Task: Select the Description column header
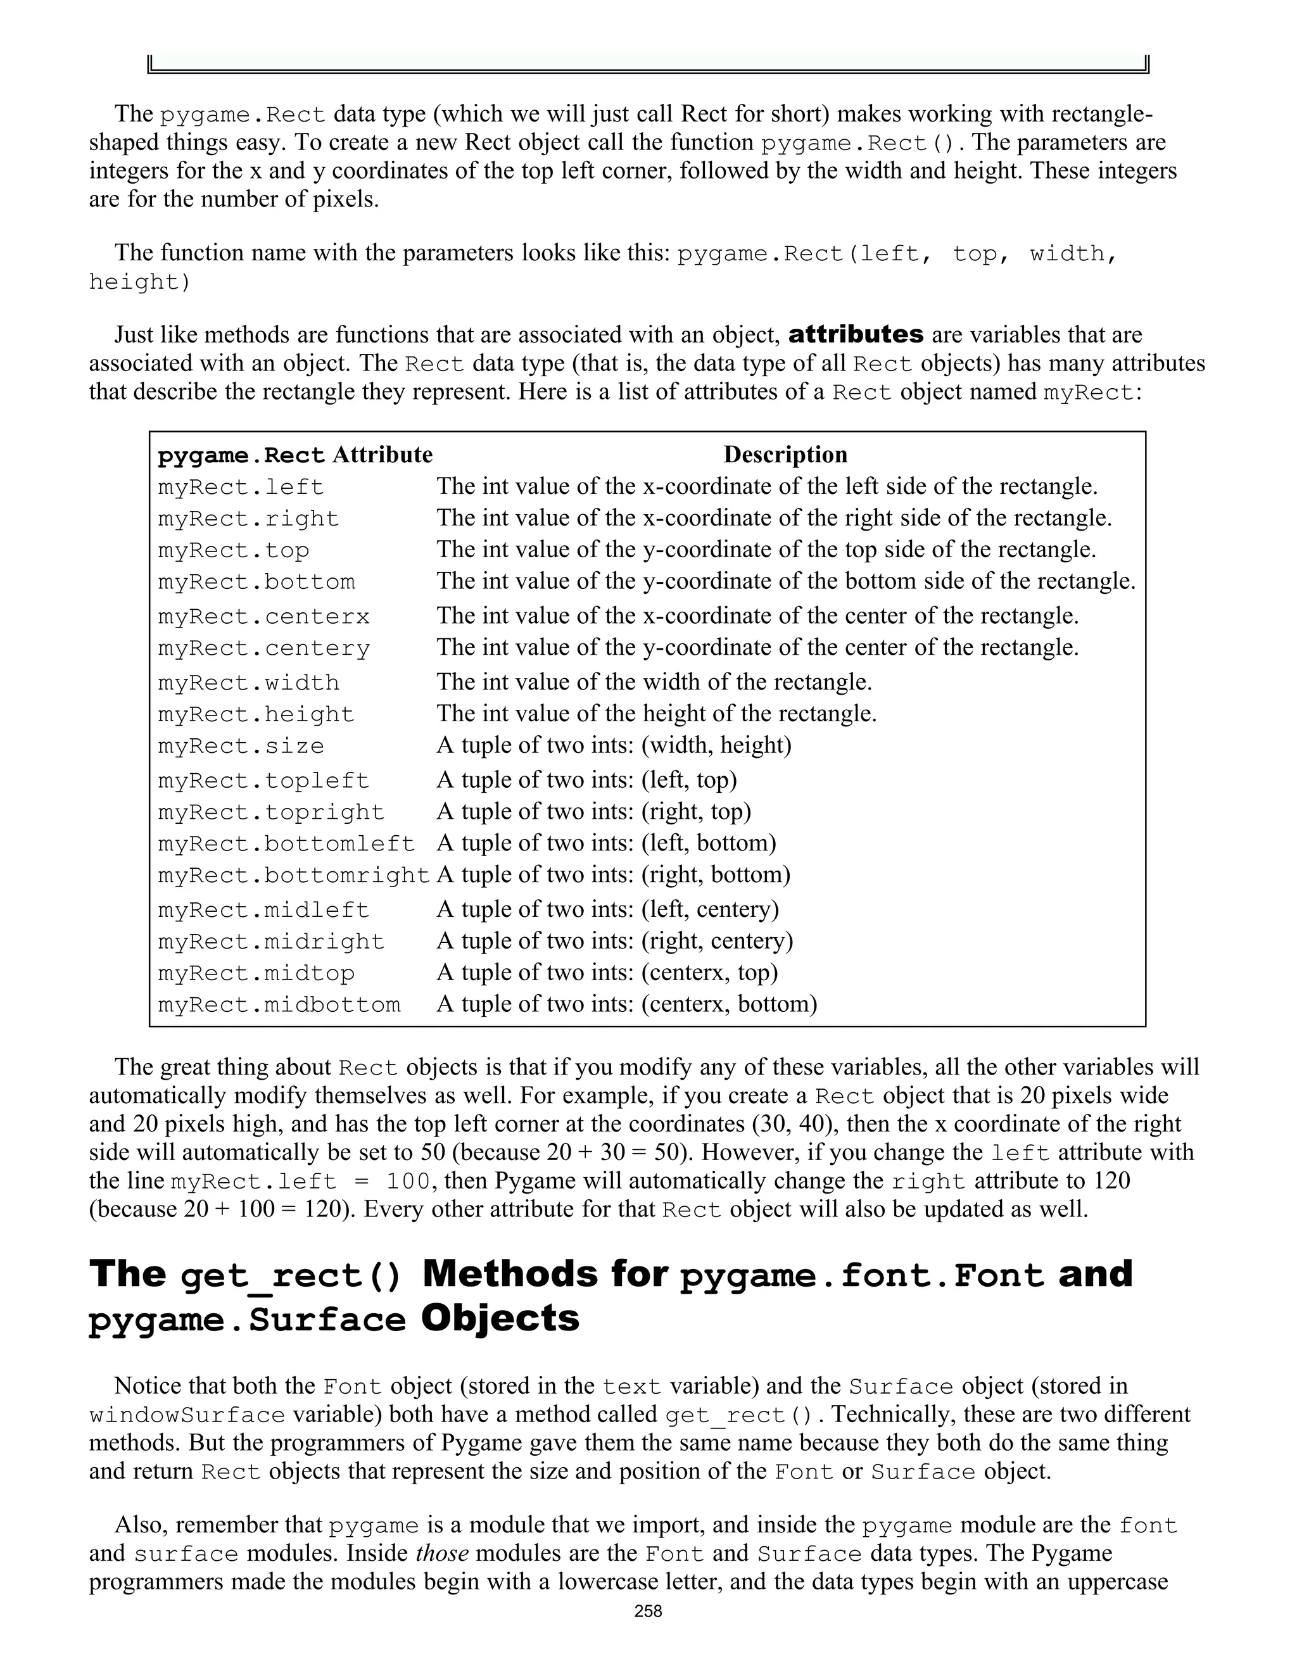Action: pyautogui.click(x=785, y=455)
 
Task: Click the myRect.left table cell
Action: pyautogui.click(x=241, y=487)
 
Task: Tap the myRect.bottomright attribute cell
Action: pyautogui.click(x=293, y=875)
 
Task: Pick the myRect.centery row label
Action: pyautogui.click(x=263, y=648)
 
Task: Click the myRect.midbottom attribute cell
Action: pyautogui.click(x=279, y=1005)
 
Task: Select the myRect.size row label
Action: pyautogui.click(x=241, y=746)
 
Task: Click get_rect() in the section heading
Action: pyautogui.click(x=291, y=1276)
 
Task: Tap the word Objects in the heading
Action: pyautogui.click(x=500, y=1319)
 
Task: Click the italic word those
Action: pyautogui.click(x=442, y=1553)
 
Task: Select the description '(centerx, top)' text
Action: pyautogui.click(x=709, y=973)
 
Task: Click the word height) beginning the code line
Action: pyautogui.click(x=139, y=282)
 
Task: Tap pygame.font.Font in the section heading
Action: pyautogui.click(x=862, y=1276)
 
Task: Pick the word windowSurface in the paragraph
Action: pyautogui.click(x=187, y=1415)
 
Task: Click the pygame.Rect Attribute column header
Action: pyautogui.click(x=295, y=455)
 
